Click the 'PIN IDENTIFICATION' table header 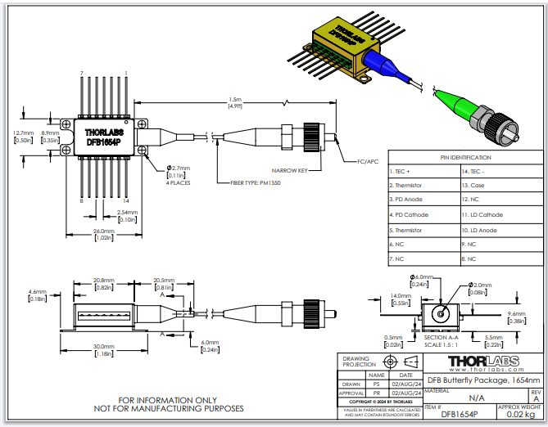466,157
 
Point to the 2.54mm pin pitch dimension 127,213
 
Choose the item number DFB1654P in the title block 444,416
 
